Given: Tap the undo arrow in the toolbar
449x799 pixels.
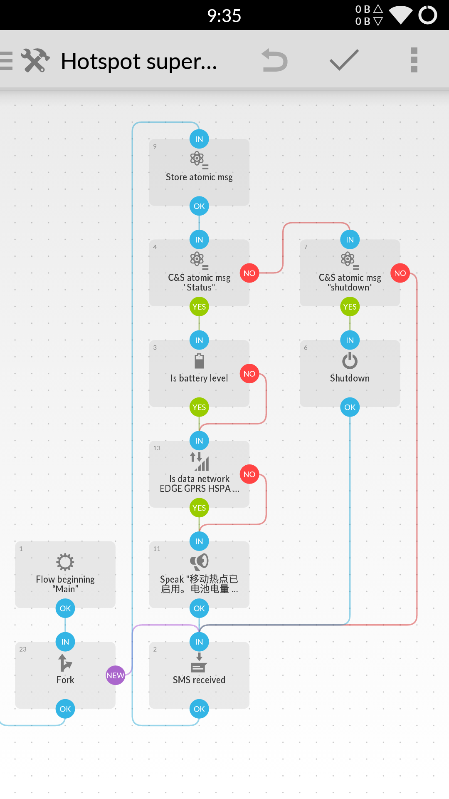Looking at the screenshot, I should [274, 61].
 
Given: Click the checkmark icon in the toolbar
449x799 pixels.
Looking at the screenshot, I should [344, 60].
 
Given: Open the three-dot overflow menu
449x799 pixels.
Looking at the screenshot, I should [414, 60].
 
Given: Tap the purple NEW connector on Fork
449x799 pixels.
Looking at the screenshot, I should [116, 675].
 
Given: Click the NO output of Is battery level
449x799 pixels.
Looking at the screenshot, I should [249, 374].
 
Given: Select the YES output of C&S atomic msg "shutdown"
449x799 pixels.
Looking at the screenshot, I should [350, 307].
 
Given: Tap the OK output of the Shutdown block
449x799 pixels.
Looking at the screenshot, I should [350, 407].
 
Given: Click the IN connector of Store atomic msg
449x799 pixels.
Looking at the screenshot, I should [199, 139].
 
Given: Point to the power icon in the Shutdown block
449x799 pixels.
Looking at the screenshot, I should [350, 361].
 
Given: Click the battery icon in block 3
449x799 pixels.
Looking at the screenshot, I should [199, 361].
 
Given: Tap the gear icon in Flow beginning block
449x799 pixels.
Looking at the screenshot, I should [65, 562].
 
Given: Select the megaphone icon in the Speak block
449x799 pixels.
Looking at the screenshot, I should [199, 562].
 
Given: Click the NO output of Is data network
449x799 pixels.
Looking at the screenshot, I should [249, 474].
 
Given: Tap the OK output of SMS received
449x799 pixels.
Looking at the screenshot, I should [199, 709].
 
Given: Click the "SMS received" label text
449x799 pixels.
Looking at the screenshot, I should [199, 680].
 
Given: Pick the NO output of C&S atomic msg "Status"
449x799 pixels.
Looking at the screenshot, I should [249, 273].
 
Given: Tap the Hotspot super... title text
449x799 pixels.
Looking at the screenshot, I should [139, 62].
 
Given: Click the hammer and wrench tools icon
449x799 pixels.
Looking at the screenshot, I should [35, 61].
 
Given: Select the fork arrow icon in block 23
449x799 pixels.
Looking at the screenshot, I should [65, 663].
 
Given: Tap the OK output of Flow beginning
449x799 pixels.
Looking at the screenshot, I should [65, 608].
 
